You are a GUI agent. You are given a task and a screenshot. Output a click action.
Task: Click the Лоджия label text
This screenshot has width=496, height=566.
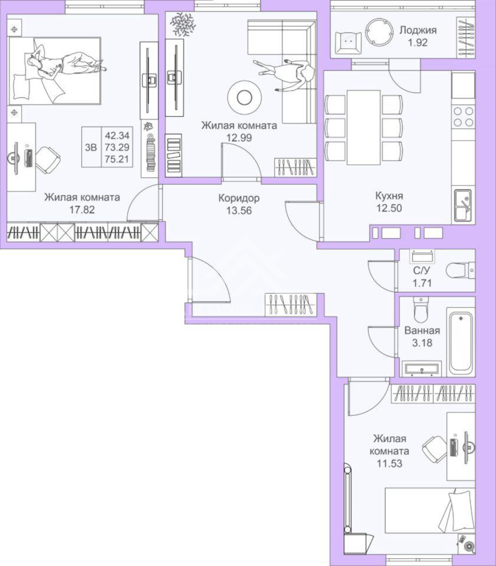(418, 30)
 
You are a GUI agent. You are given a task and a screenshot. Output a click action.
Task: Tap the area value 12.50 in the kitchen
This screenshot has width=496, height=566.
(389, 208)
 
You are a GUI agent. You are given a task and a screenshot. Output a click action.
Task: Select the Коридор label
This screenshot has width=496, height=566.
(239, 198)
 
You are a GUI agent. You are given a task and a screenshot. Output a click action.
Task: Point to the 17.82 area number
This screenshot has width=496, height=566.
(82, 210)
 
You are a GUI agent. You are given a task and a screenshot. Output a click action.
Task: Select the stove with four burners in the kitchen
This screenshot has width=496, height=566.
(463, 117)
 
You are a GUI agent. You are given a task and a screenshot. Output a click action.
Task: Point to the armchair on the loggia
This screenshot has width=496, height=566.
(348, 43)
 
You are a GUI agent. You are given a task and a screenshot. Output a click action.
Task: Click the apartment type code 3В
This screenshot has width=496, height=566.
(91, 147)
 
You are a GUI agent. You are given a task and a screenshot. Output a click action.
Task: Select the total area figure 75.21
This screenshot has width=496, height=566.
(117, 159)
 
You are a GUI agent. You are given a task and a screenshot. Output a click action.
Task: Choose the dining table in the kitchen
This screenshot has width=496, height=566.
(363, 127)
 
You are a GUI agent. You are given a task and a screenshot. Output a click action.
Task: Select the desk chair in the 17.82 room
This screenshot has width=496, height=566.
(48, 159)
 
